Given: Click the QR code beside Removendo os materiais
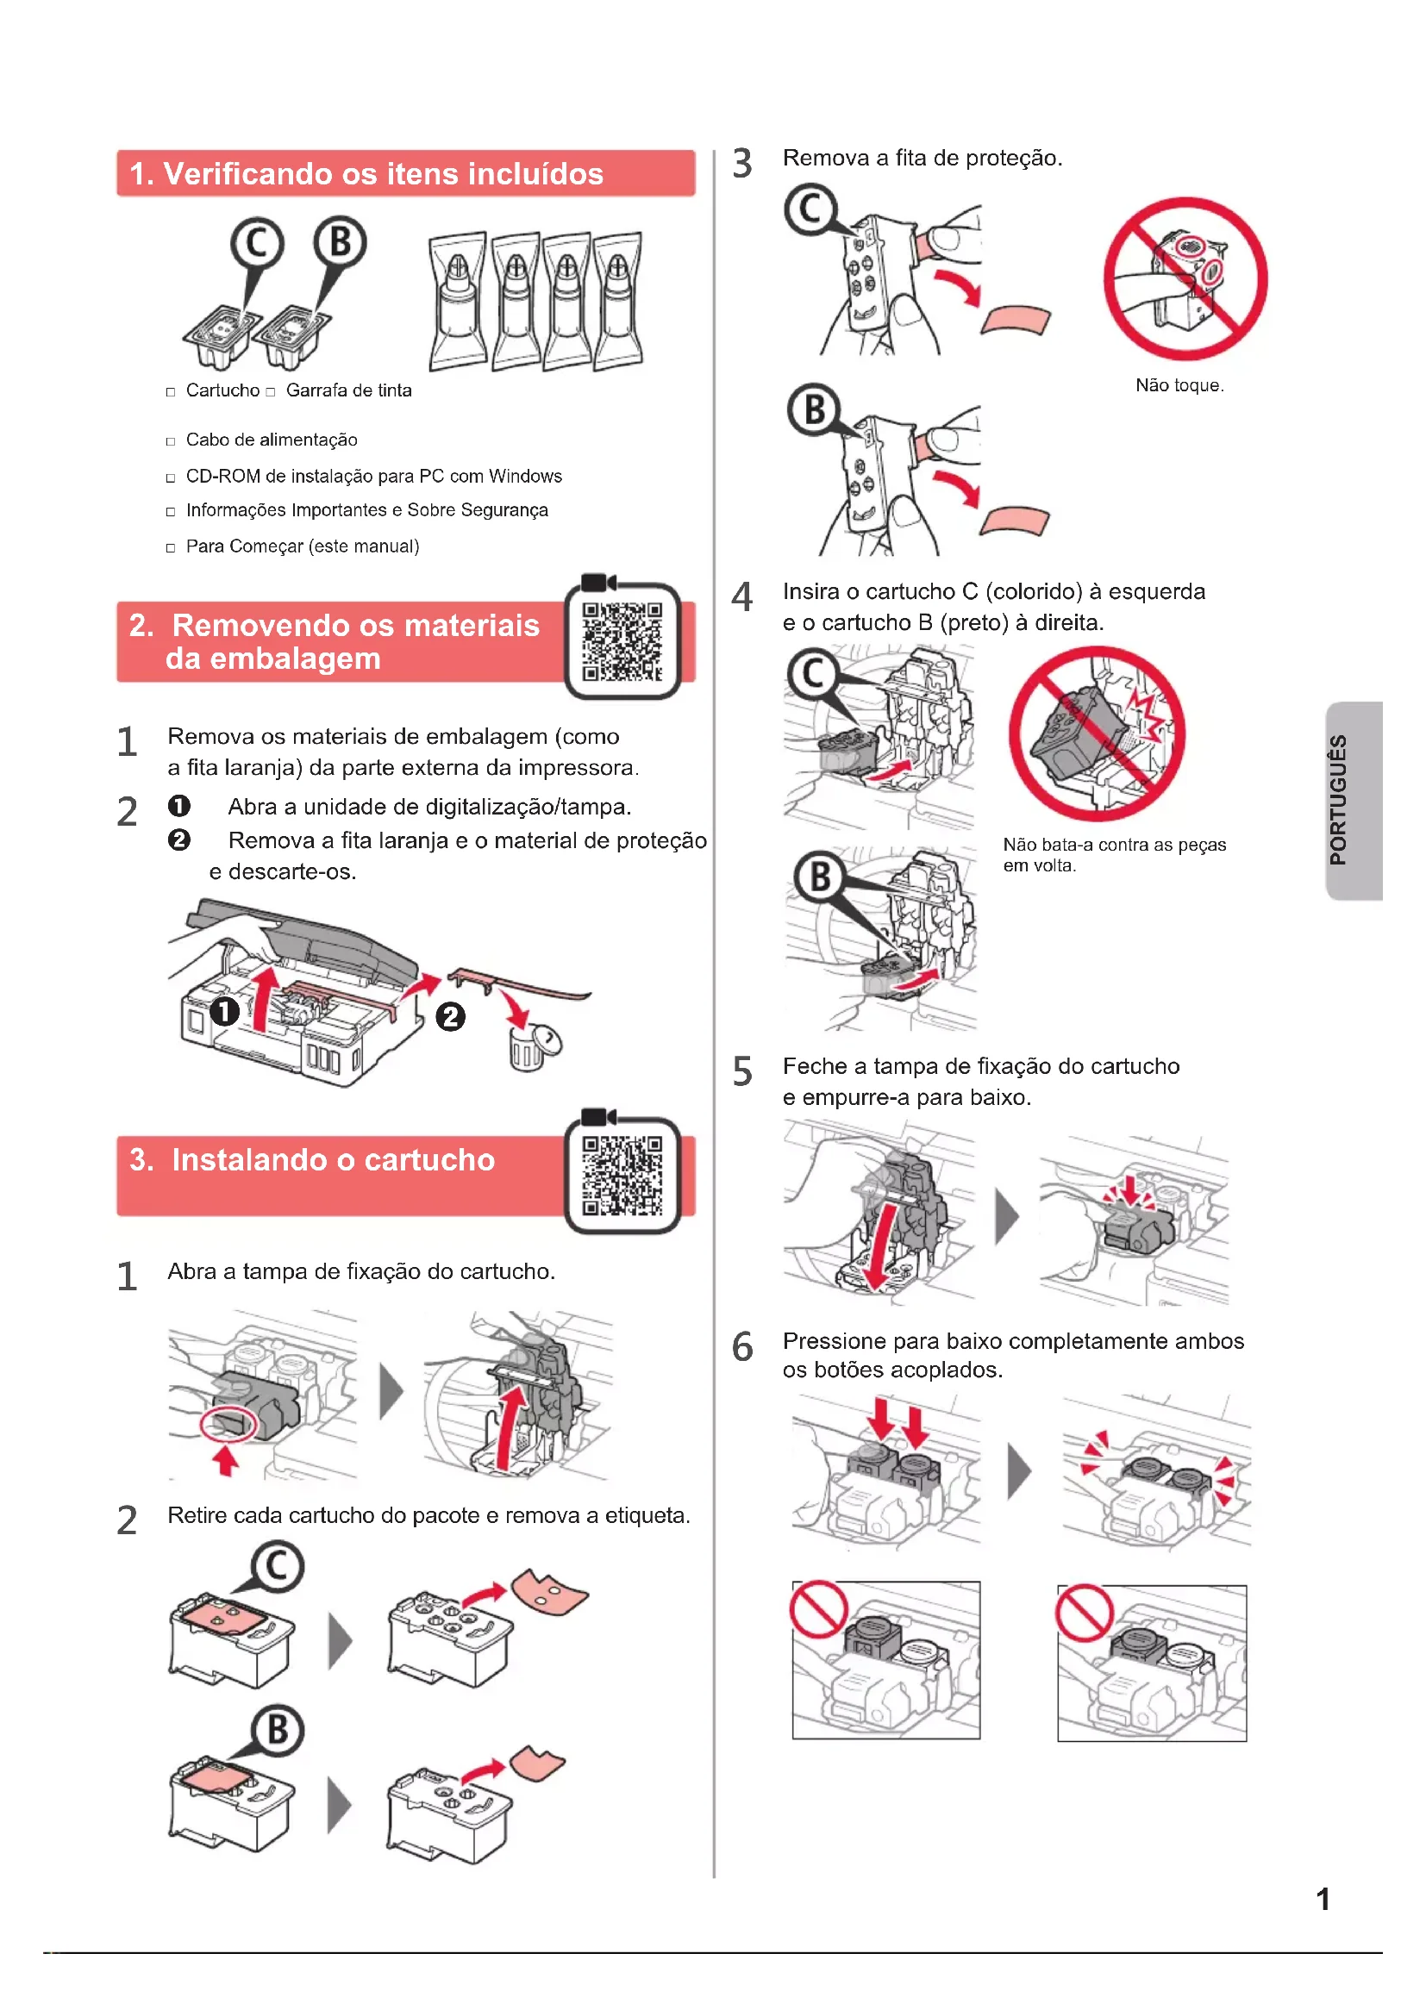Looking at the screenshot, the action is click(622, 641).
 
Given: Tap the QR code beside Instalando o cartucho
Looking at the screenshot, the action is click(622, 1176).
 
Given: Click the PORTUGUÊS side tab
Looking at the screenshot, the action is click(1354, 800).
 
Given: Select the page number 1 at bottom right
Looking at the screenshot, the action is click(1323, 1900).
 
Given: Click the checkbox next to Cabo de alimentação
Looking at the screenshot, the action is click(171, 441).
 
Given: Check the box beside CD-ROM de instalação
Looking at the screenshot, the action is click(171, 478).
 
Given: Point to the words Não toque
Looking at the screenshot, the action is click(1179, 385).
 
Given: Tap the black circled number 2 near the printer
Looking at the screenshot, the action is click(450, 1017).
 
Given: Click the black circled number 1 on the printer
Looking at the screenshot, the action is click(225, 1012).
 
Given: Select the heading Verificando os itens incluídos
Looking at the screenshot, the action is click(366, 174).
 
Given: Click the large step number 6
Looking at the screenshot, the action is click(743, 1346).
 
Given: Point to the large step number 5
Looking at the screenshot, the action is click(743, 1071).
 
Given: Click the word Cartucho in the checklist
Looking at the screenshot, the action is click(223, 390).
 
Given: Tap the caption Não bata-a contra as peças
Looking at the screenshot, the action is click(1114, 845).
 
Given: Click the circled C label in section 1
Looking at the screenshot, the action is click(257, 243).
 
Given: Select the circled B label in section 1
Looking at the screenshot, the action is click(341, 241).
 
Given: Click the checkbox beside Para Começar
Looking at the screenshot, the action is click(171, 549).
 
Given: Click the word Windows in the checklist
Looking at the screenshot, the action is click(525, 476).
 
